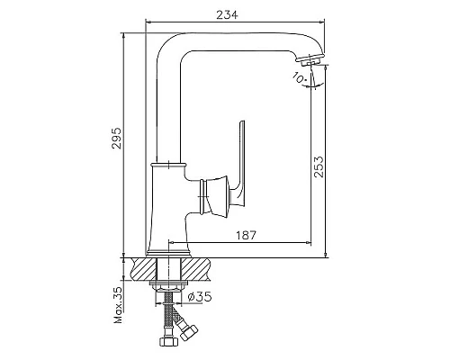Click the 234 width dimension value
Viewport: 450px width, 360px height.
pos(227,14)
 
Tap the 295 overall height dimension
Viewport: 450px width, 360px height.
pos(116,139)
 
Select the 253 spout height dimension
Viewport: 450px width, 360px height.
pos(319,166)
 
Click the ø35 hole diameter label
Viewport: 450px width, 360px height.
pos(200,297)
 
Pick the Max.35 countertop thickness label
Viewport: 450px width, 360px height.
pos(118,305)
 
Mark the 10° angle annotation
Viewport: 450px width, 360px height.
pos(299,78)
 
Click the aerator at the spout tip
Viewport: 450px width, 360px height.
pos(310,60)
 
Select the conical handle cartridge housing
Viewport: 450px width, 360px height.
pos(217,196)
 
